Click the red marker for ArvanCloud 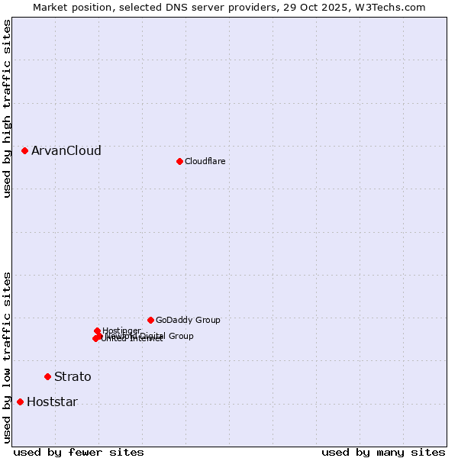(x=24, y=151)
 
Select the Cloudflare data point (x=179, y=161)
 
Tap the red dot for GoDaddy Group (x=150, y=320)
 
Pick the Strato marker (x=47, y=376)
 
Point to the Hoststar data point (x=20, y=402)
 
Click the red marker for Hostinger (x=97, y=331)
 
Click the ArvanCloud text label (x=66, y=151)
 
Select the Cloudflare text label (x=205, y=161)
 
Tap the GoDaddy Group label (x=188, y=320)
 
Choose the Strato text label (x=73, y=376)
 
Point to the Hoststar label (x=52, y=402)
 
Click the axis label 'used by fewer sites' (x=79, y=452)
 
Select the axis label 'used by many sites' (x=383, y=452)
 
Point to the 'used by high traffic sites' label (x=8, y=108)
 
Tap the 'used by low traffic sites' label (x=8, y=356)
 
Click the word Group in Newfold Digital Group (x=180, y=336)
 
